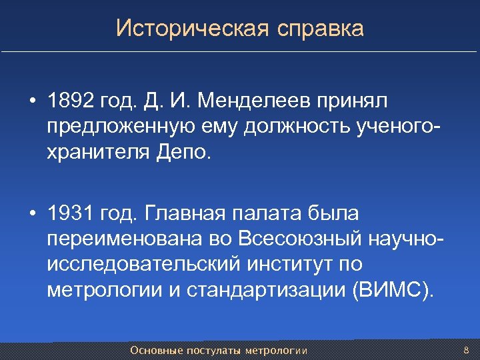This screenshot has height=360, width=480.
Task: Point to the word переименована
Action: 121,239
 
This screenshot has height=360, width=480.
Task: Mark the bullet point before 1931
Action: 32,215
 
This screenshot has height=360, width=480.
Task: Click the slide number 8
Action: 466,350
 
